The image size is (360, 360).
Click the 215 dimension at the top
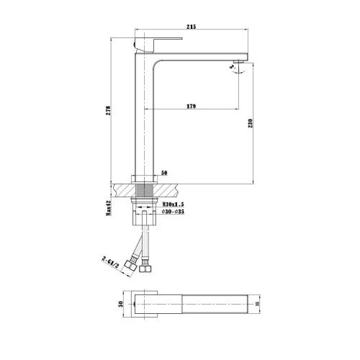(x=192, y=27)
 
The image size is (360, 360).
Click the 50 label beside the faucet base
(x=164, y=174)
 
